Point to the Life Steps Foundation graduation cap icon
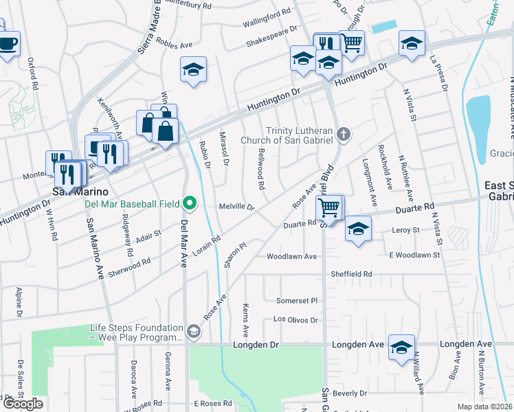click(194, 332)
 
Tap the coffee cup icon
click(8, 44)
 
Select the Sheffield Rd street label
click(351, 273)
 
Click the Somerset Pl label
click(297, 301)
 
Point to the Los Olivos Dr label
click(296, 320)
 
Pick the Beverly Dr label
click(350, 393)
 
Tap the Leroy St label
click(405, 230)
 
